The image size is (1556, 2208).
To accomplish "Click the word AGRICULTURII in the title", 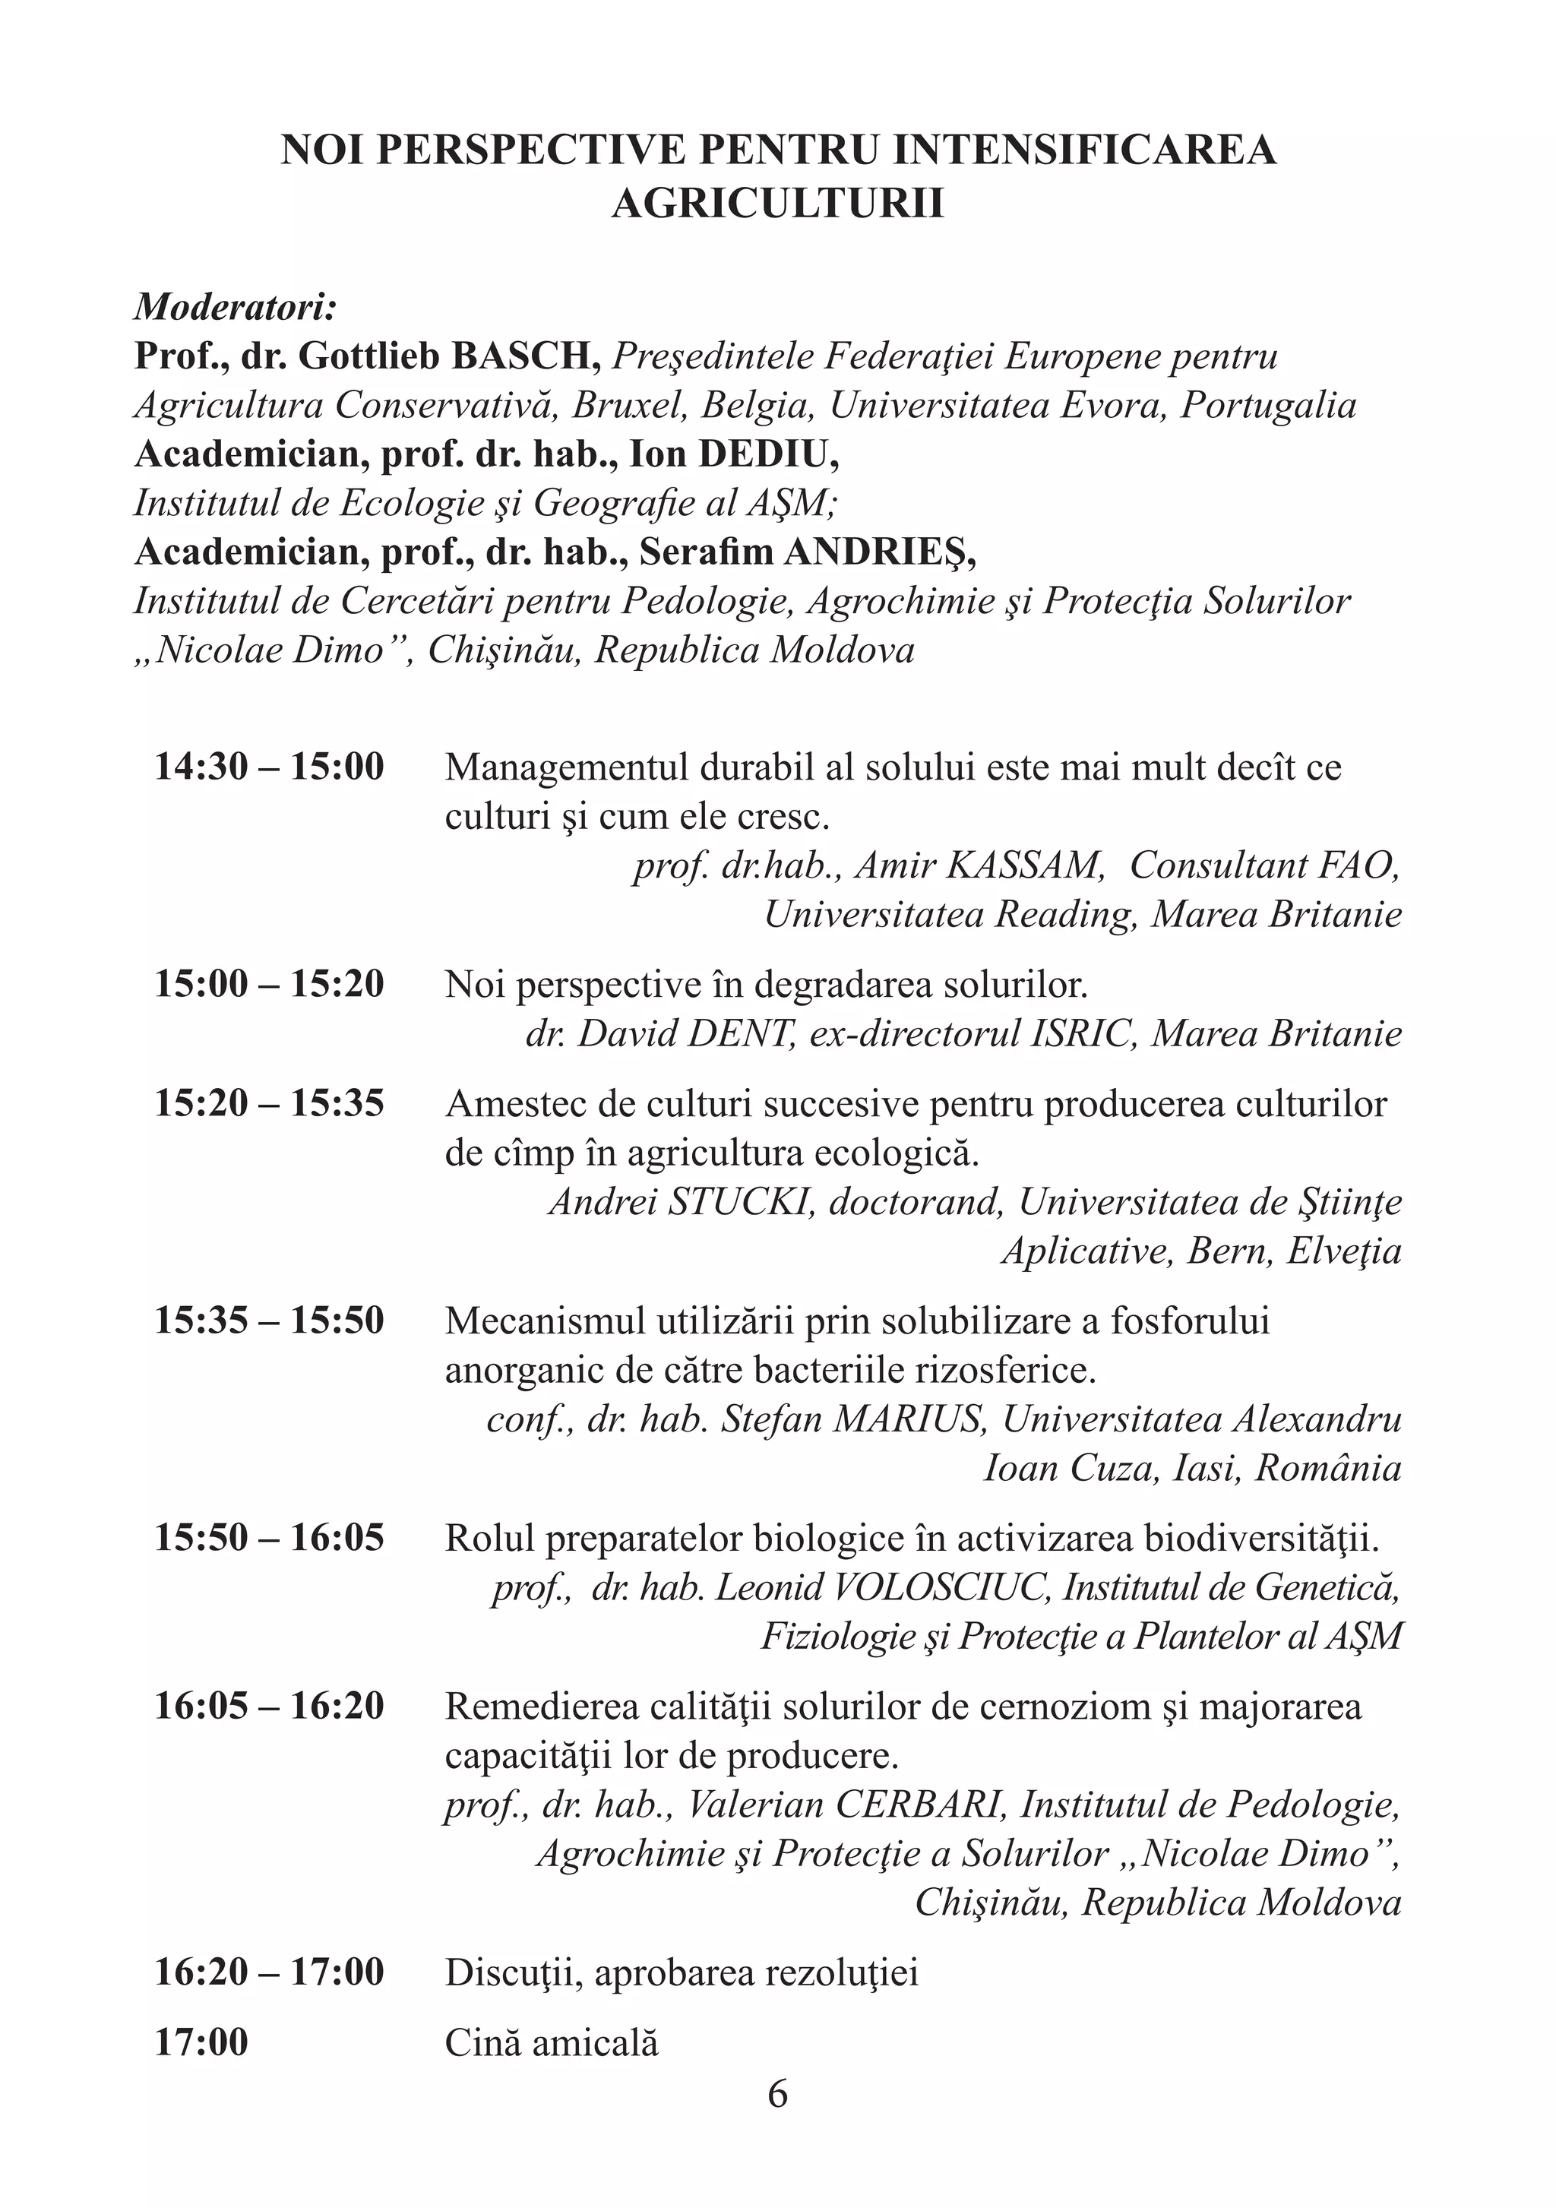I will (x=777, y=204).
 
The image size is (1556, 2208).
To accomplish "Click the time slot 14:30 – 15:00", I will (x=269, y=767).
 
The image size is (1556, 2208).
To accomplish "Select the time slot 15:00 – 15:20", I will (x=269, y=984).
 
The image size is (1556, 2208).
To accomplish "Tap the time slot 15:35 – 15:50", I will (x=269, y=1321).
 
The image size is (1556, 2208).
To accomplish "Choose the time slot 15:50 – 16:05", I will (x=269, y=1537).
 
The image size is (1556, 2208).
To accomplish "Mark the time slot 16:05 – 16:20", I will (x=269, y=1706).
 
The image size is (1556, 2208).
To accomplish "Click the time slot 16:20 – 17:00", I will (x=269, y=1972).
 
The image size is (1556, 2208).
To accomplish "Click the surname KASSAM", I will (x=1024, y=865).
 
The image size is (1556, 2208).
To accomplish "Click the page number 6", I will (x=777, y=2093).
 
